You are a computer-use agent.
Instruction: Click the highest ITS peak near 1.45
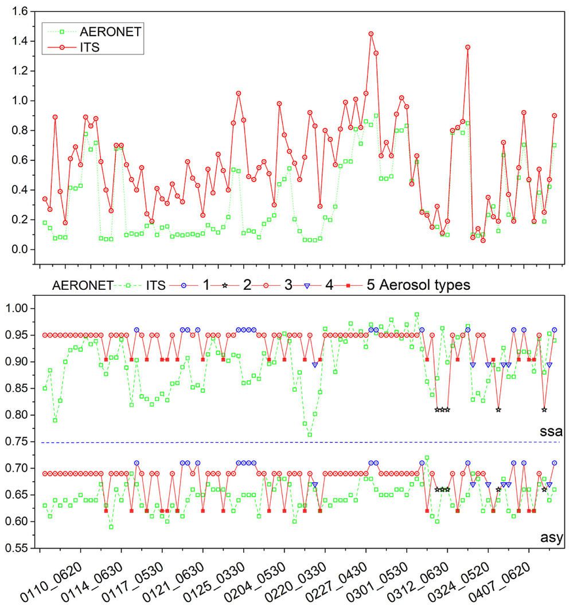click(371, 34)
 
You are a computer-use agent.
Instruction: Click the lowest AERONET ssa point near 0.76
click(310, 435)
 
